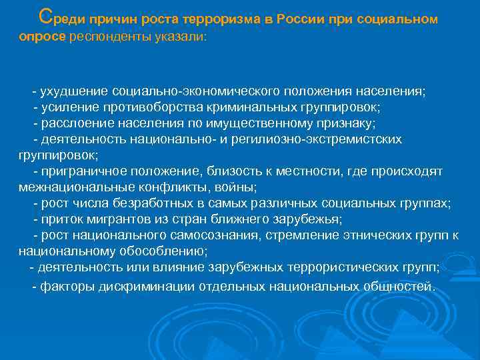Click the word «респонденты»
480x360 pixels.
point(106,37)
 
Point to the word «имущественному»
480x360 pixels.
point(259,123)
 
